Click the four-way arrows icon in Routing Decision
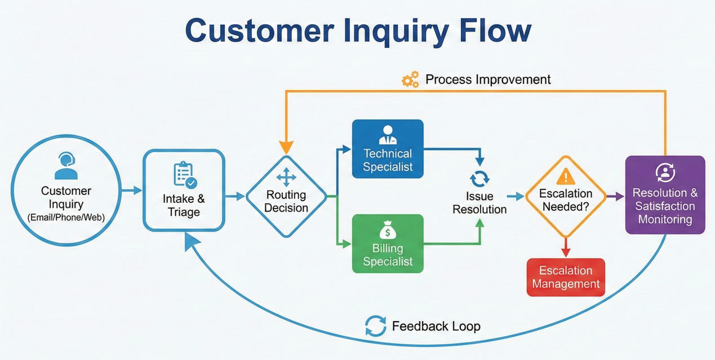[286, 177]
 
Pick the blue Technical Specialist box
[388, 149]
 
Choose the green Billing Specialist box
[388, 243]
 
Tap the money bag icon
[388, 230]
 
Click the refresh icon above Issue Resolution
[479, 179]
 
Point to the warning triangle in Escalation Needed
[566, 177]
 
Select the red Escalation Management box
[566, 277]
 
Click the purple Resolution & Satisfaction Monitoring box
[665, 195]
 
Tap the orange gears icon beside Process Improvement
[411, 80]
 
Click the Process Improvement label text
[488, 79]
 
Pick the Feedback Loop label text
[436, 326]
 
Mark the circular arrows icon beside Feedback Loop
[375, 326]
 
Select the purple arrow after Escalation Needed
[616, 196]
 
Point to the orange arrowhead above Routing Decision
[286, 148]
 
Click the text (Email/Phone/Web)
[66, 217]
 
